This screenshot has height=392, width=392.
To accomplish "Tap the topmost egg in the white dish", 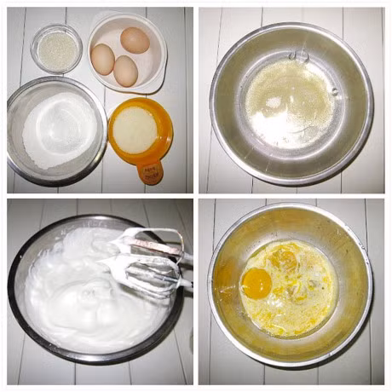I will pos(135,40).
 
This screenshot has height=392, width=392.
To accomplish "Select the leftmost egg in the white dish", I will pos(103,58).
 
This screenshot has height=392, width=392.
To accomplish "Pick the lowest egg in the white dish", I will pos(125,71).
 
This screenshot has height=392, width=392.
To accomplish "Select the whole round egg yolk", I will pos(257,283).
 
